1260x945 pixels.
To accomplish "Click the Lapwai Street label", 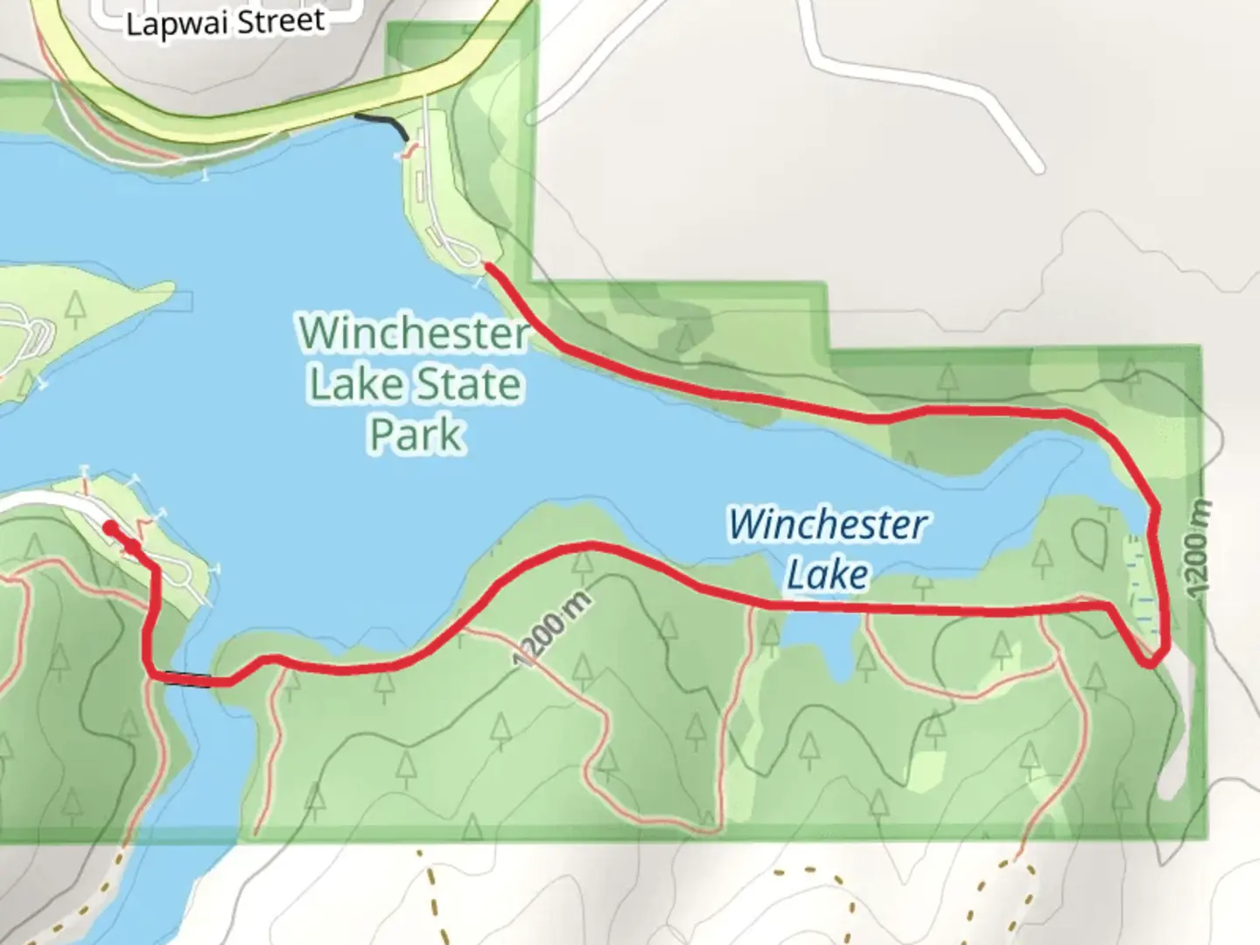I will [x=226, y=21].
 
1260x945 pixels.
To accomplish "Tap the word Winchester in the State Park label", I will [x=414, y=332].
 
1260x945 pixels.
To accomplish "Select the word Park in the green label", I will [x=416, y=434].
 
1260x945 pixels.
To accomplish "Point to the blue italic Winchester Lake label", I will [x=827, y=549].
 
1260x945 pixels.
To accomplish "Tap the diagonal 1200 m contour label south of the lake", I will [x=552, y=627].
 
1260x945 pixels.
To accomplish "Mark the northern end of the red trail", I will [x=486, y=264].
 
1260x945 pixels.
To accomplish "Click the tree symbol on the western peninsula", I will [x=76, y=304].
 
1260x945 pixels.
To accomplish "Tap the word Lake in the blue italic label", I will [x=827, y=575].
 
